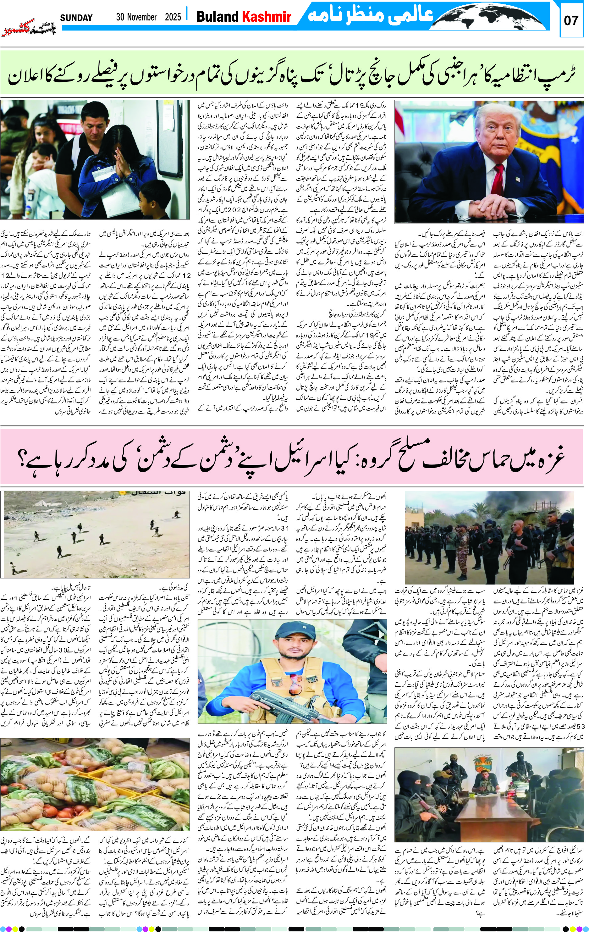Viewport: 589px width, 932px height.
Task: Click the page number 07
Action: pyautogui.click(x=571, y=20)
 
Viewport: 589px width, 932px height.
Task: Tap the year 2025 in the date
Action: pyautogui.click(x=173, y=17)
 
